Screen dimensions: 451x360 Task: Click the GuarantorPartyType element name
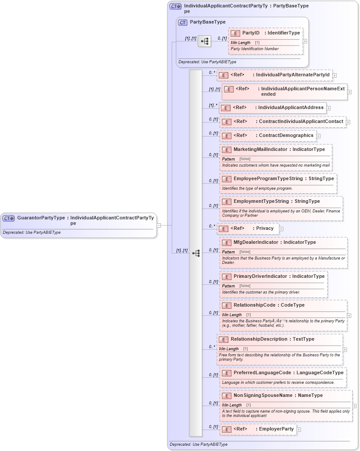(41, 217)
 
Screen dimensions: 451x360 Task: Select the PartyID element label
(251, 33)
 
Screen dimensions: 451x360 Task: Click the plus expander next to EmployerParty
(299, 430)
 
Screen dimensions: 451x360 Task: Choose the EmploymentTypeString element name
(261, 201)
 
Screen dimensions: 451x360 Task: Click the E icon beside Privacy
(223, 229)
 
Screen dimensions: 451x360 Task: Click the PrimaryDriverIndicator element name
(260, 276)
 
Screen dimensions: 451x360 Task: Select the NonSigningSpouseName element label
(263, 395)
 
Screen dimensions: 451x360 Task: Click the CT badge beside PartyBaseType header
(183, 22)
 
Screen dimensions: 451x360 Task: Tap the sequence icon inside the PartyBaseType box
(204, 41)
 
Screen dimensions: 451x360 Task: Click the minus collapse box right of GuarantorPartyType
(159, 225)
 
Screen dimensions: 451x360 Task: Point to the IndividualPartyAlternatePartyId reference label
(292, 75)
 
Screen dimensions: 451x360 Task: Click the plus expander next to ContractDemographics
(319, 136)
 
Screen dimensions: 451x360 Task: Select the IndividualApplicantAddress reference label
(291, 107)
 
